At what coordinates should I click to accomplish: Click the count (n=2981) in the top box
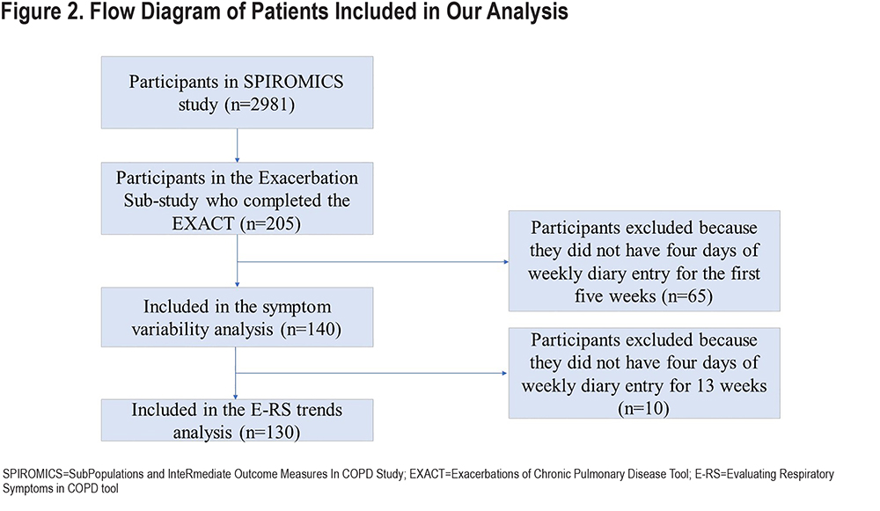[260, 105]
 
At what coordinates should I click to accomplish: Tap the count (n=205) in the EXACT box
[270, 223]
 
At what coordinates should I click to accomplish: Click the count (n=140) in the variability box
[311, 329]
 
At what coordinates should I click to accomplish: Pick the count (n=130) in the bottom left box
[270, 433]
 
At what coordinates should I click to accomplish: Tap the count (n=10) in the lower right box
[644, 408]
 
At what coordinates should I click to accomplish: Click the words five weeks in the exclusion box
[615, 296]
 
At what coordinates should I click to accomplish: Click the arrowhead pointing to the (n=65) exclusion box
[506, 262]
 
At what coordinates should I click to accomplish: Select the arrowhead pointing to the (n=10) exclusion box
[505, 373]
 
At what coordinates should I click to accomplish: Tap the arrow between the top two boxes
[237, 146]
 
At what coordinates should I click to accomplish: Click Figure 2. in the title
[42, 11]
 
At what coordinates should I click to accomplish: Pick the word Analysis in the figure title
[527, 11]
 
